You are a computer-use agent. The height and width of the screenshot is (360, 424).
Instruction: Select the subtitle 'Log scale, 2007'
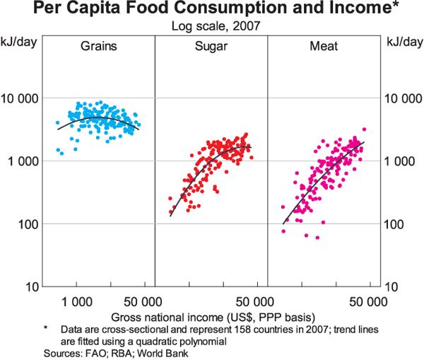(211, 27)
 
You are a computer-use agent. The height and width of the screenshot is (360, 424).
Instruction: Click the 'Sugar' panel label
(211, 47)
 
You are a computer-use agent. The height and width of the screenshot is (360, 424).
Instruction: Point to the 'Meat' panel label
(323, 47)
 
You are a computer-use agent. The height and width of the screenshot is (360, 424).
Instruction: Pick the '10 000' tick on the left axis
(20, 98)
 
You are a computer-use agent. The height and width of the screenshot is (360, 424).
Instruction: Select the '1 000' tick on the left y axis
(23, 161)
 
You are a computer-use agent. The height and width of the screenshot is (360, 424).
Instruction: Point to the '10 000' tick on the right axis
(400, 98)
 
